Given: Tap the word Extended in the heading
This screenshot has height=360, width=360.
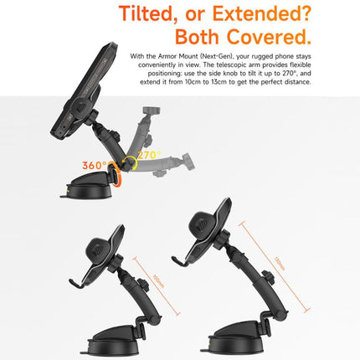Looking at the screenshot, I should click(265, 14).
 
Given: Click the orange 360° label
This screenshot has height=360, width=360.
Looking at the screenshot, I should click(94, 166).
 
